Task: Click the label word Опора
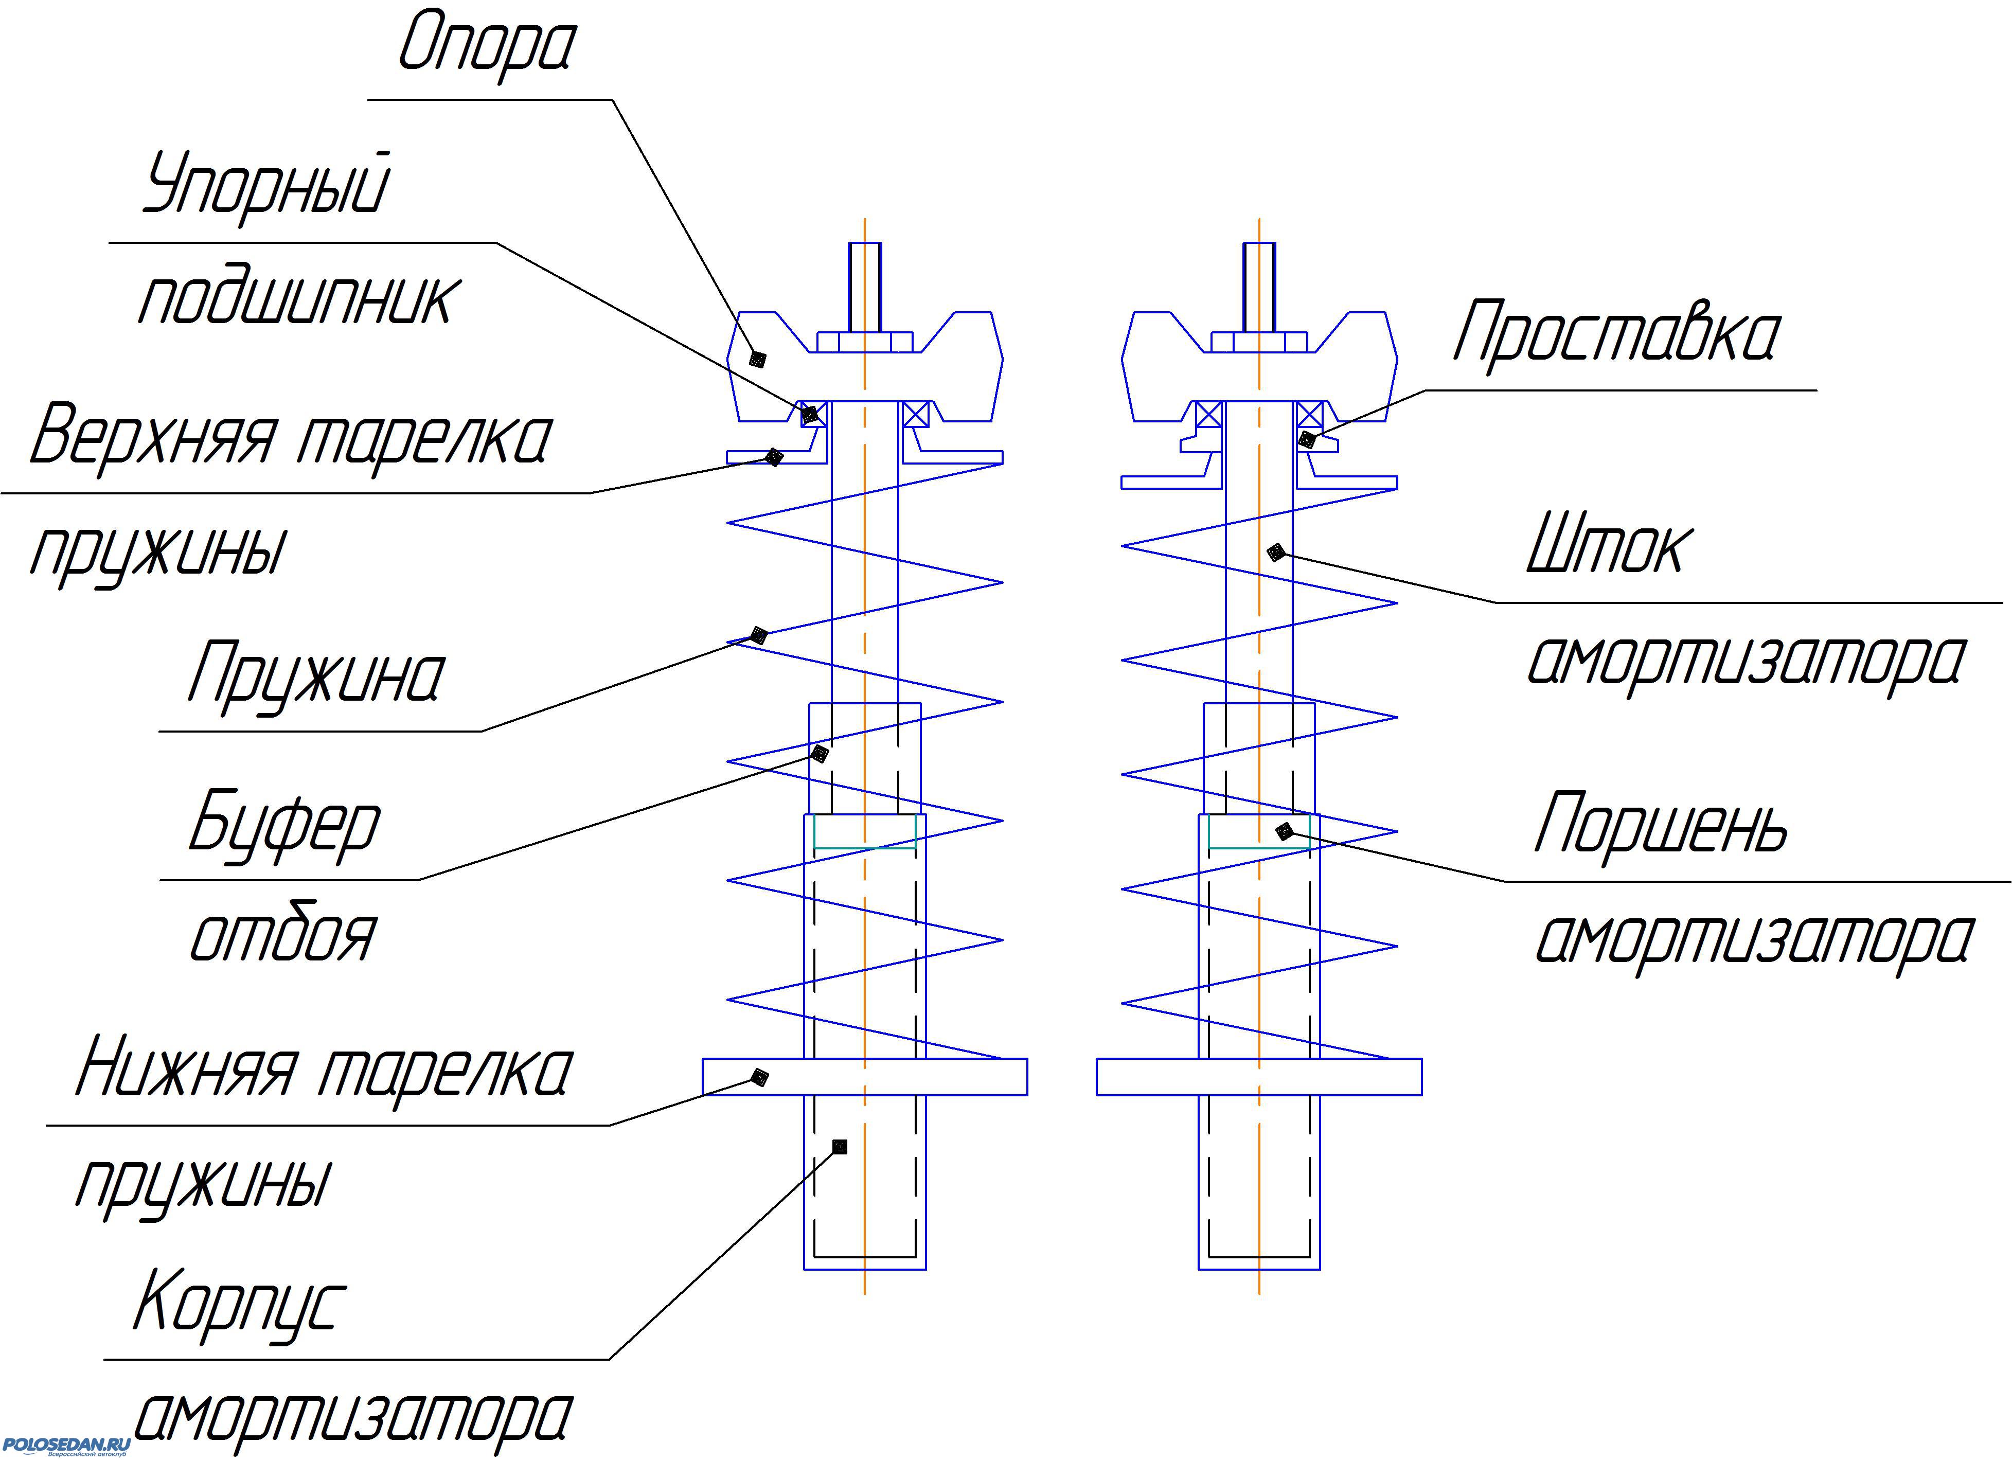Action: (x=486, y=44)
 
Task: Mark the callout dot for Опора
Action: (x=758, y=359)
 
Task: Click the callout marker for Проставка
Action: (x=1306, y=438)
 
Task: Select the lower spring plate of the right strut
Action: (x=1259, y=1077)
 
